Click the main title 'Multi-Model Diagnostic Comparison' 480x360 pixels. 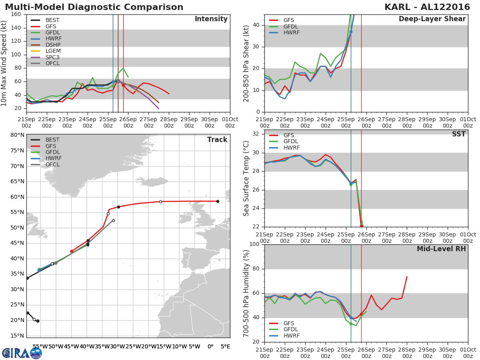[x=94, y=7]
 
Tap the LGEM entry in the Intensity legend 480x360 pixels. [x=53, y=51]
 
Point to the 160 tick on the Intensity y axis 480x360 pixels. [x=16, y=14]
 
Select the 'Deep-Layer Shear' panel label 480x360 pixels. [x=432, y=19]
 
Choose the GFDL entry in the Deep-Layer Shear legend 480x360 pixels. [x=292, y=26]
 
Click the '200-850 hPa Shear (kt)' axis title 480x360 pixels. [x=246, y=63]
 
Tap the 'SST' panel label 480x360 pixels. [x=458, y=134]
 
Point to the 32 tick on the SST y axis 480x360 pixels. [x=256, y=134]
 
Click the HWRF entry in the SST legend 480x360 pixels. [x=292, y=148]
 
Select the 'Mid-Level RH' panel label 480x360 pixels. [x=441, y=249]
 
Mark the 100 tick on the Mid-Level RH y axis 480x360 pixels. [x=255, y=244]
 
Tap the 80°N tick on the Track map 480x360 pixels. [x=17, y=135]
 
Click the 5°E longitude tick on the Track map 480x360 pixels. [x=226, y=346]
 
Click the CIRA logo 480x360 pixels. [x=22, y=353]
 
